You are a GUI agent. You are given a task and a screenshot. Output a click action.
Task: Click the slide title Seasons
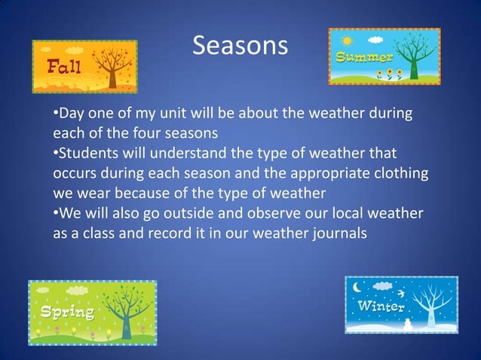(240, 46)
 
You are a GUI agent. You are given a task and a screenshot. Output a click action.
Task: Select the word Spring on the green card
(68, 312)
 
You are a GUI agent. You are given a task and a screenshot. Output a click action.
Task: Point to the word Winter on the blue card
(381, 307)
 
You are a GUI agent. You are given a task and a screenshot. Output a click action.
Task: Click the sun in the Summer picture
(347, 41)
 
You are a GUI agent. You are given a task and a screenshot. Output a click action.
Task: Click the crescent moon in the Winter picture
(357, 286)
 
